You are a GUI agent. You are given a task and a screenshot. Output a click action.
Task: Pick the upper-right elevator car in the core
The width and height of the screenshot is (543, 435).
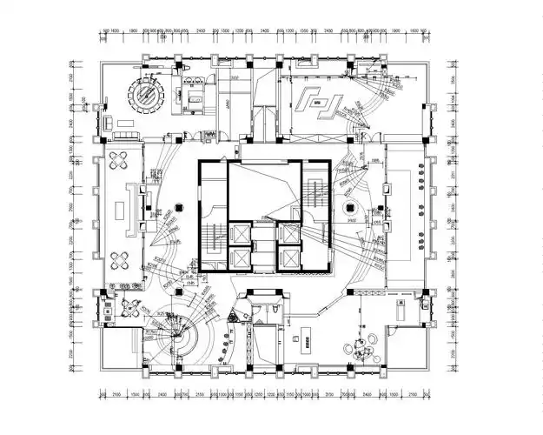[x=287, y=234]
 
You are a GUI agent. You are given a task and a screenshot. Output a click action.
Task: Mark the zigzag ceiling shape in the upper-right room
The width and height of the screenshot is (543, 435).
[x=316, y=102]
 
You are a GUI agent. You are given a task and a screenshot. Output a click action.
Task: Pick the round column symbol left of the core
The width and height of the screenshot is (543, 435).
[x=178, y=206]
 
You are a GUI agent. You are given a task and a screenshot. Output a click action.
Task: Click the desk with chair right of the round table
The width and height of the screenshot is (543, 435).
[x=190, y=96]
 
